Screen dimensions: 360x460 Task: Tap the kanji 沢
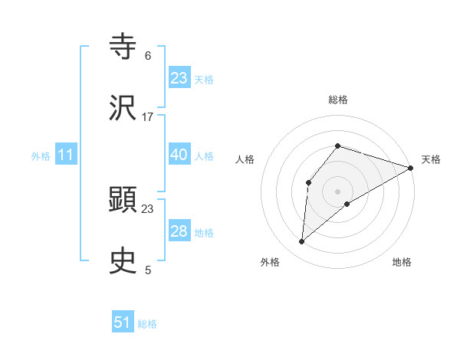point(123,108)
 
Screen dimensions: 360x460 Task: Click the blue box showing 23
point(179,77)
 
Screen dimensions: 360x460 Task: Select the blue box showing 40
point(179,155)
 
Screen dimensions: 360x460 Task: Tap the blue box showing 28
point(179,231)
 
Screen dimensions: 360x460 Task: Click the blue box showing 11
point(66,155)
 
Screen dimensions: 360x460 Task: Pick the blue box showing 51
point(123,322)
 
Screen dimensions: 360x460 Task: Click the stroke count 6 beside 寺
point(147,56)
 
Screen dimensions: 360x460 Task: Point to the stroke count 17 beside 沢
point(148,117)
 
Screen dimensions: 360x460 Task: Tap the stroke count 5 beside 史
point(147,270)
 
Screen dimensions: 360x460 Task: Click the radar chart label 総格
point(338,100)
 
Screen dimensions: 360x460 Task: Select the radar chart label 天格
point(431,159)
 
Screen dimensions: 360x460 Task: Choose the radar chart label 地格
point(402,262)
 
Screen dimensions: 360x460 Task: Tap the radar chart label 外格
point(270,262)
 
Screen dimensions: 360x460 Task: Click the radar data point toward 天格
point(411,168)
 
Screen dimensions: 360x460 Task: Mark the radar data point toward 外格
point(302,242)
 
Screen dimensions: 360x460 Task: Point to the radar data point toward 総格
point(338,146)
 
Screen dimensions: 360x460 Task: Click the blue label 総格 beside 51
point(147,323)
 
